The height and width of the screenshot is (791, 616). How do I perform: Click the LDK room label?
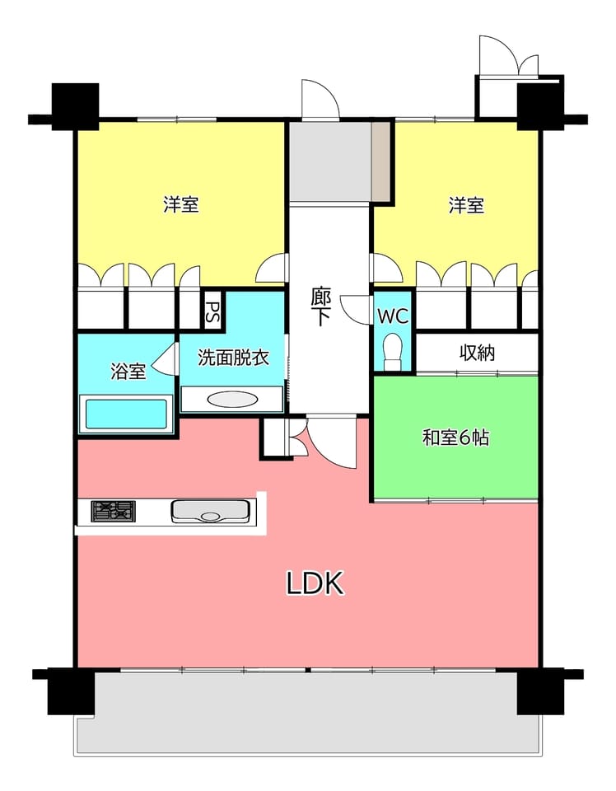click(315, 583)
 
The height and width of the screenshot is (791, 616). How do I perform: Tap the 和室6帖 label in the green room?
click(455, 438)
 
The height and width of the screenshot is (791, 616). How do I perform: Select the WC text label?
click(393, 316)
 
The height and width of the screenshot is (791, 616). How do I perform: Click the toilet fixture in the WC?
click(392, 352)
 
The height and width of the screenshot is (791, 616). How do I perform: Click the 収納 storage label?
click(476, 353)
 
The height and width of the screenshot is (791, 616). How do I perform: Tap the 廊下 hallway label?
click(320, 307)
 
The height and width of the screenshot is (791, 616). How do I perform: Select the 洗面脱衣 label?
click(233, 357)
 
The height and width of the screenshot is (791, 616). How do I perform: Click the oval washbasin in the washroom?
click(232, 399)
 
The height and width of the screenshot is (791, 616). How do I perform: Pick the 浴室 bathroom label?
click(128, 372)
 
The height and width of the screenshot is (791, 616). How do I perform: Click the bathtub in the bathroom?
click(126, 414)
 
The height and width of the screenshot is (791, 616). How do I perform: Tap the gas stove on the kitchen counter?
click(114, 511)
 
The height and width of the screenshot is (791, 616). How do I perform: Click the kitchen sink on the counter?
click(210, 511)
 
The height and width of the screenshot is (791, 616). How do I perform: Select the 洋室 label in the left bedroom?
click(181, 204)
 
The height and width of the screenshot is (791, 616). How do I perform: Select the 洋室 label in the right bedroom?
click(466, 205)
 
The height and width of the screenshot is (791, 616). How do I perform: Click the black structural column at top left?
click(75, 106)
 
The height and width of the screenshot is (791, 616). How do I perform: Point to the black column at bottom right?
click(541, 690)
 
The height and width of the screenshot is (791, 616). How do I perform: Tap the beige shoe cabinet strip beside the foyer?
click(381, 162)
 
